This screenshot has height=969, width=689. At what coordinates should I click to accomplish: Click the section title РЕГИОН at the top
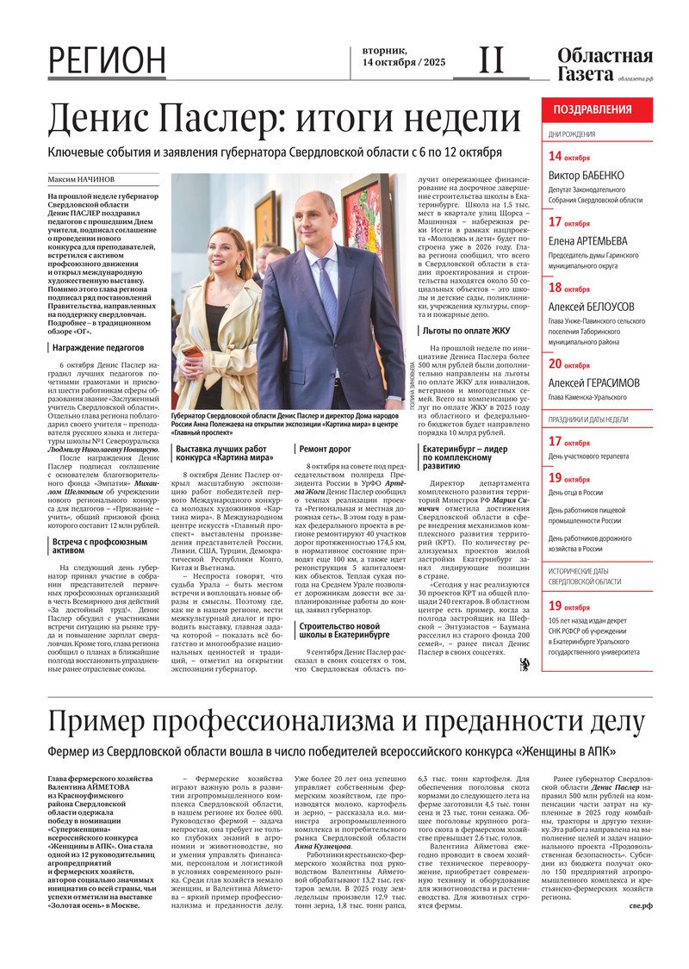107,61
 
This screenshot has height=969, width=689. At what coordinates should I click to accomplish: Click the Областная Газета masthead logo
605,65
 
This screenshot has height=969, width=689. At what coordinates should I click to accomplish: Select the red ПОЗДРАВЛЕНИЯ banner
593,109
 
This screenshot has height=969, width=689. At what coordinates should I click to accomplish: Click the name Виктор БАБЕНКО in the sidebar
587,176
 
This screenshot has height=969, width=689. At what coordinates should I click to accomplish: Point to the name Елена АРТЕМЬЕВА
588,241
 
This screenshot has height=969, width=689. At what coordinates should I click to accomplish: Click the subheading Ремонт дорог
325,448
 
